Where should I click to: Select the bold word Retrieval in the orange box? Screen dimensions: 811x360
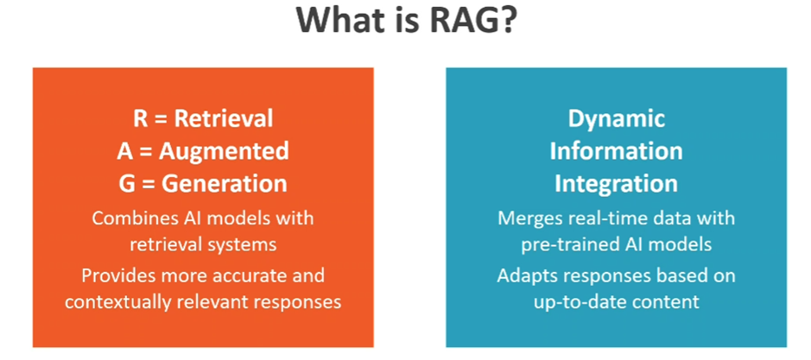point(224,119)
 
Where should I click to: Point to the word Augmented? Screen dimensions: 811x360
point(224,151)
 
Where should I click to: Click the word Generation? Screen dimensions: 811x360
point(224,184)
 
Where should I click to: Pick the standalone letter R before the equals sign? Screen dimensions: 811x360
point(141,119)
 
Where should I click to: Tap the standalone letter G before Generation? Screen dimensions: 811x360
point(127,184)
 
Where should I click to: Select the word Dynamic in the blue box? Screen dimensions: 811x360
point(616,119)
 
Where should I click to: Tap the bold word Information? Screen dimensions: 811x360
point(616,151)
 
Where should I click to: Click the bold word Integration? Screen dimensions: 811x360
point(616,184)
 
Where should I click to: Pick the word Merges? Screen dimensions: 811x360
point(527,218)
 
